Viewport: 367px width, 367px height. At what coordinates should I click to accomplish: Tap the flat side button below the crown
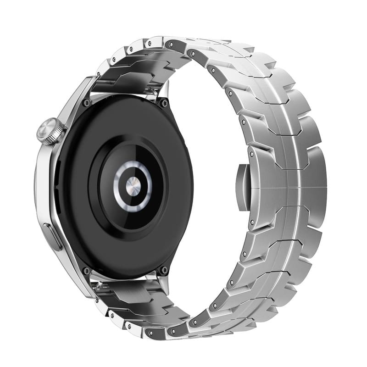(54, 236)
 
